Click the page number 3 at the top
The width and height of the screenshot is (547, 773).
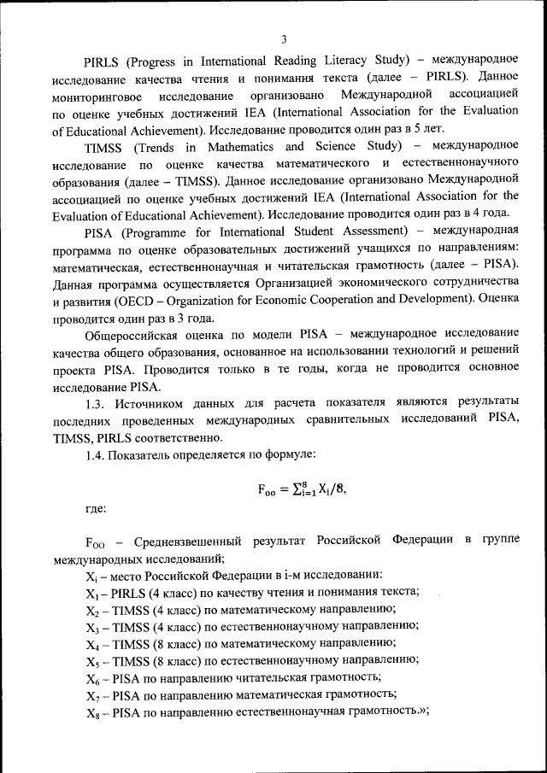click(x=283, y=38)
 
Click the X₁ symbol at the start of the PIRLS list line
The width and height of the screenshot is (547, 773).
click(x=91, y=593)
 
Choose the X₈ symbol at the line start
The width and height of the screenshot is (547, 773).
click(x=91, y=712)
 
